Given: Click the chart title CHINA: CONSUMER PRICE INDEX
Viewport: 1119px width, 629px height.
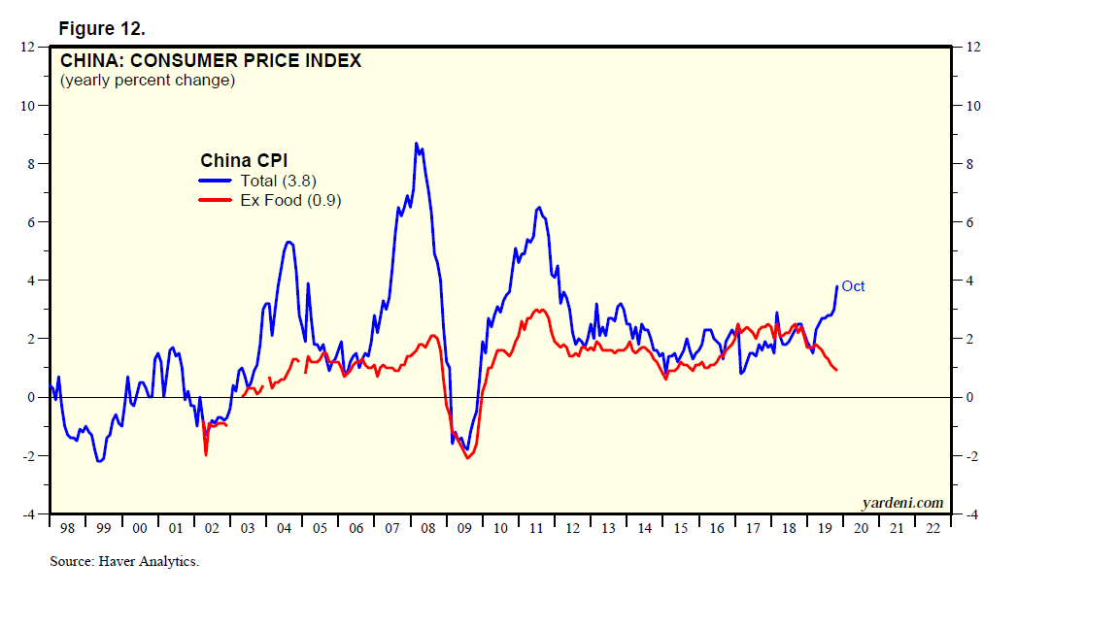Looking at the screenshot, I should (211, 61).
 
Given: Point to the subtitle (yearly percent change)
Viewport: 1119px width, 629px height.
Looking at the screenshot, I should (148, 81).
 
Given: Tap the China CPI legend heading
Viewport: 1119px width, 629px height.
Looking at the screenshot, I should (244, 160).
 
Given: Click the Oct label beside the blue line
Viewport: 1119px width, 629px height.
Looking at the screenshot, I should (853, 286).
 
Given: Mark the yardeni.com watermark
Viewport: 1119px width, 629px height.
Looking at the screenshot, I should (902, 502).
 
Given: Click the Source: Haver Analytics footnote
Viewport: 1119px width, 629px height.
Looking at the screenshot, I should (124, 561).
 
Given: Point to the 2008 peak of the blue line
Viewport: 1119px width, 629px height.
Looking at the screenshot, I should (416, 144).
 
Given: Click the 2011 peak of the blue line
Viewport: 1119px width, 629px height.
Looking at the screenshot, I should (539, 208).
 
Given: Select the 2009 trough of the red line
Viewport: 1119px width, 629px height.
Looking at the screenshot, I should (468, 457).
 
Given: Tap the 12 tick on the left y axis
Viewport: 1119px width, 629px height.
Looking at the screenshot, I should (29, 47).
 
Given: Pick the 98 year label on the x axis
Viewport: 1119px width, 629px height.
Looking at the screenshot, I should (66, 529).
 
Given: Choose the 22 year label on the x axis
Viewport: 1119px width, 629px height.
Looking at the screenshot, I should (932, 529).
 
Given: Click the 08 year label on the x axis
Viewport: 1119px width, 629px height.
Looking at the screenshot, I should (427, 529).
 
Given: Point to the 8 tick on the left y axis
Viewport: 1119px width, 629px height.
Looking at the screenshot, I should (31, 164).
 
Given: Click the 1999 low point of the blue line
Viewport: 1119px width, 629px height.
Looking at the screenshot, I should (100, 461).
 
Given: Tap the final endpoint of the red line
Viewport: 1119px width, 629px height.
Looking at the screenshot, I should (836, 370).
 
